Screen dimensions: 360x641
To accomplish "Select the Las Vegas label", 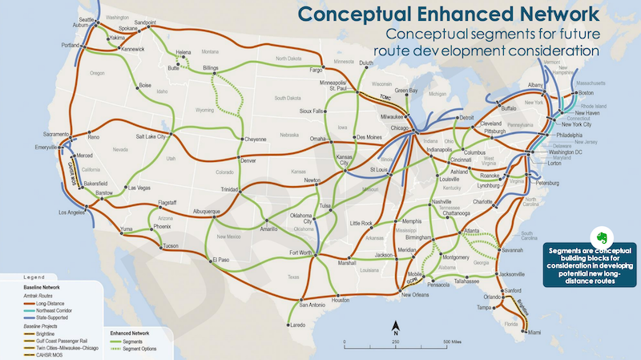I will tap(140, 188).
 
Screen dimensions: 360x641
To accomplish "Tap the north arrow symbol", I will tap(395, 330).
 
